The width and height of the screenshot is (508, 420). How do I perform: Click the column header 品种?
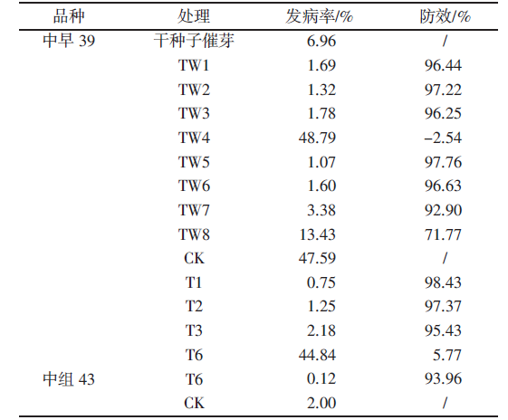(x=69, y=16)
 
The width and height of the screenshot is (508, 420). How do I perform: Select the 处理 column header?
(x=194, y=16)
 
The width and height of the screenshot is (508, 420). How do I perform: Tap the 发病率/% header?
(x=319, y=16)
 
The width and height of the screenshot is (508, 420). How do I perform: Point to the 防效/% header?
(x=445, y=16)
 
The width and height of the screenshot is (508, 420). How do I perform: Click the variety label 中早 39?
(x=69, y=41)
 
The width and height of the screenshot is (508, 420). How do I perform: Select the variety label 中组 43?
(x=69, y=379)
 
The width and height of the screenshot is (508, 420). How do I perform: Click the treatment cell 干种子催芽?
(x=194, y=41)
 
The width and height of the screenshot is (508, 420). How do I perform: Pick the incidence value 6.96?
(x=321, y=41)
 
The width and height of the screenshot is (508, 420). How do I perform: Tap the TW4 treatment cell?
(x=194, y=138)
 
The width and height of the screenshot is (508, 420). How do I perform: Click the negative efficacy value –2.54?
(x=443, y=138)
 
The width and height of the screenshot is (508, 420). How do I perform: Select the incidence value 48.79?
(x=317, y=138)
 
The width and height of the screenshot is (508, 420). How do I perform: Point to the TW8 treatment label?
(x=194, y=234)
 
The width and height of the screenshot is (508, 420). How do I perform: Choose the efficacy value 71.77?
(x=443, y=234)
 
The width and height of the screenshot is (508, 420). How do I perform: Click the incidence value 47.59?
(x=317, y=258)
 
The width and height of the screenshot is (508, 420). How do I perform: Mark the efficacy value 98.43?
(x=443, y=282)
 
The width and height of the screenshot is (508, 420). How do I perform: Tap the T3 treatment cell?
(x=194, y=330)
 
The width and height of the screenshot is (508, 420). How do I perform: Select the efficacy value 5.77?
(x=447, y=355)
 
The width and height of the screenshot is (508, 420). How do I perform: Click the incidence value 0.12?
(x=321, y=379)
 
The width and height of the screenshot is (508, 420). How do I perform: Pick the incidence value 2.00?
(x=321, y=403)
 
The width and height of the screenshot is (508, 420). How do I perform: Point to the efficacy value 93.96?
(x=443, y=379)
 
